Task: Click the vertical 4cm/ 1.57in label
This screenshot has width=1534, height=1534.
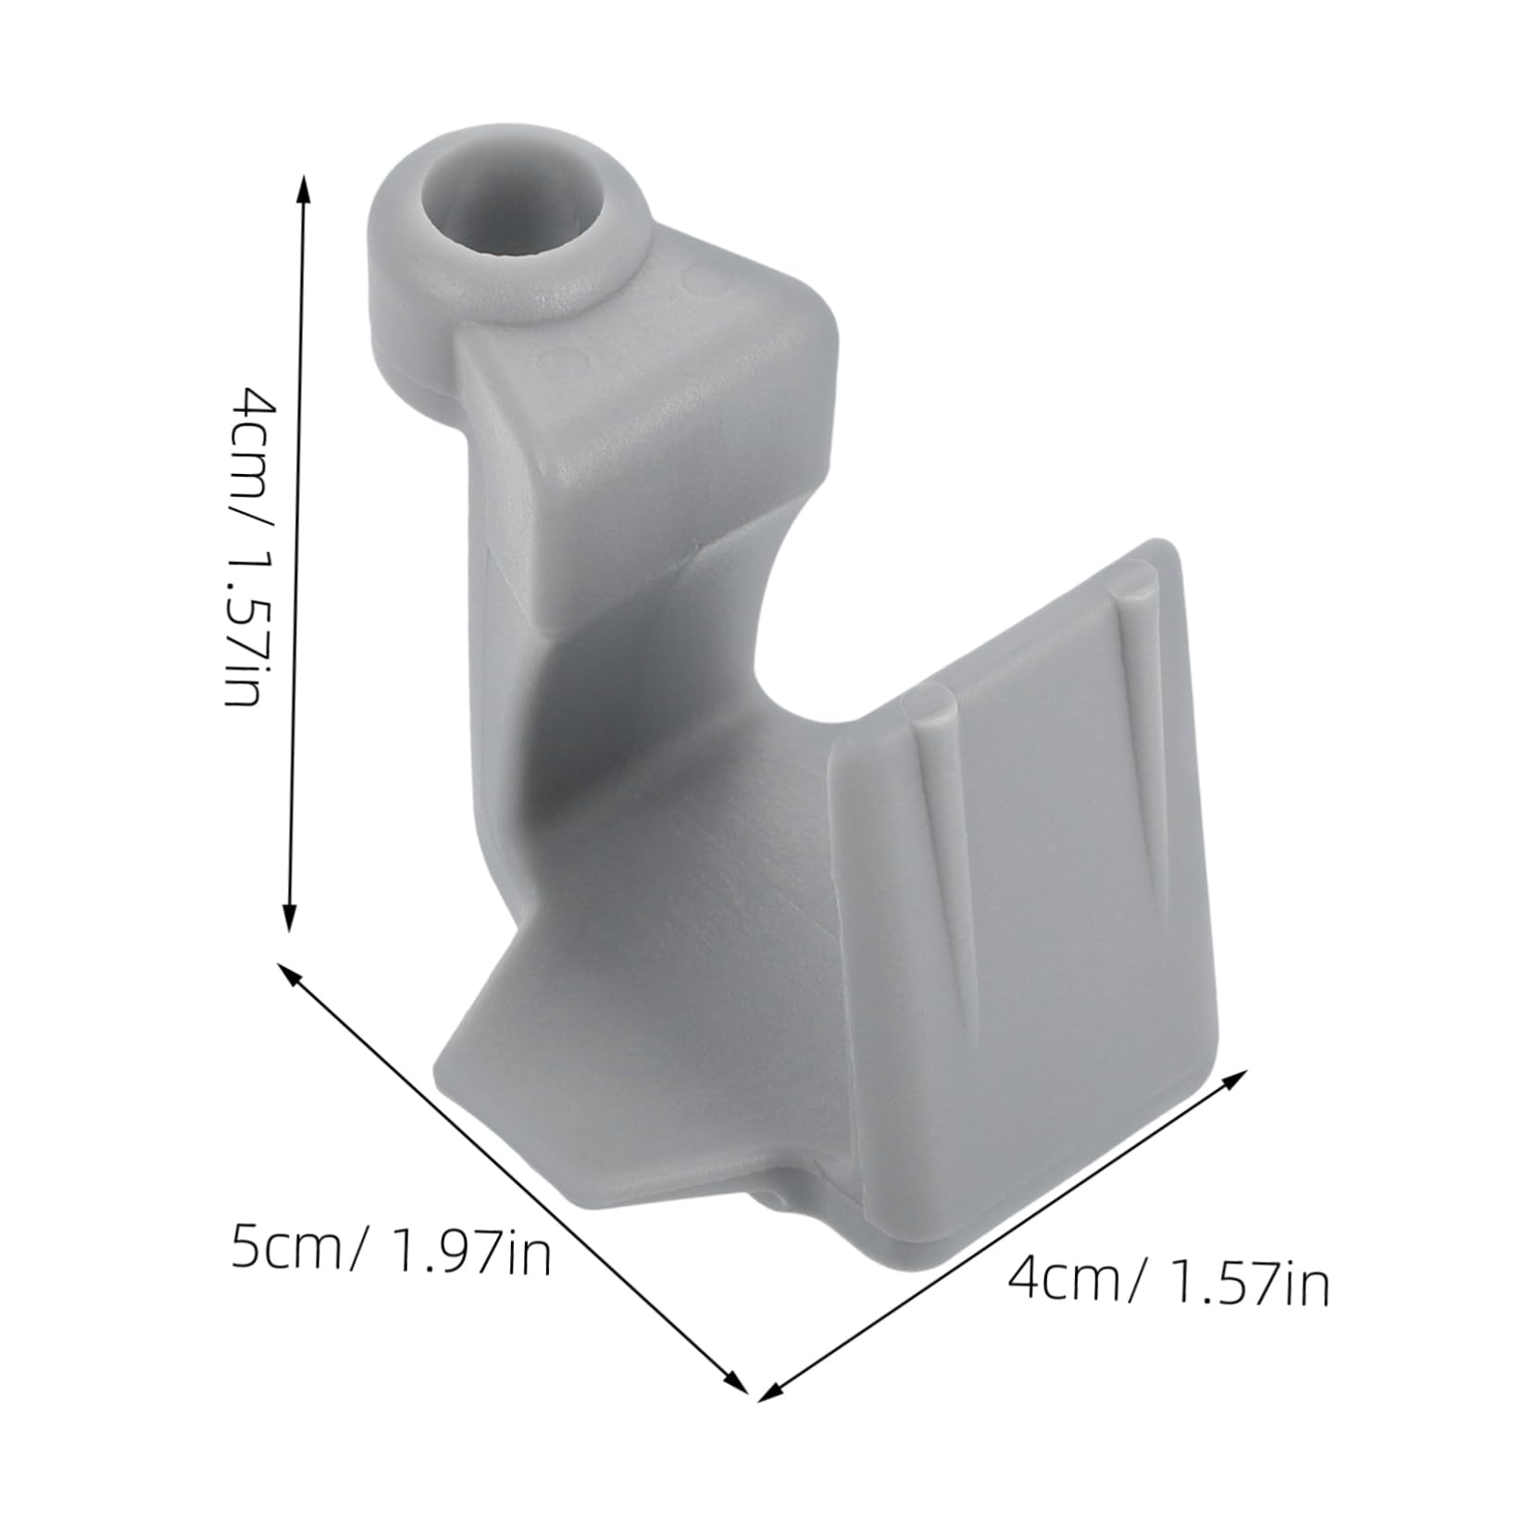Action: pyautogui.click(x=252, y=546)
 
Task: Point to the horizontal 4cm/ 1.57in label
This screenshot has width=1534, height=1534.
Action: pyautogui.click(x=1168, y=1283)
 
